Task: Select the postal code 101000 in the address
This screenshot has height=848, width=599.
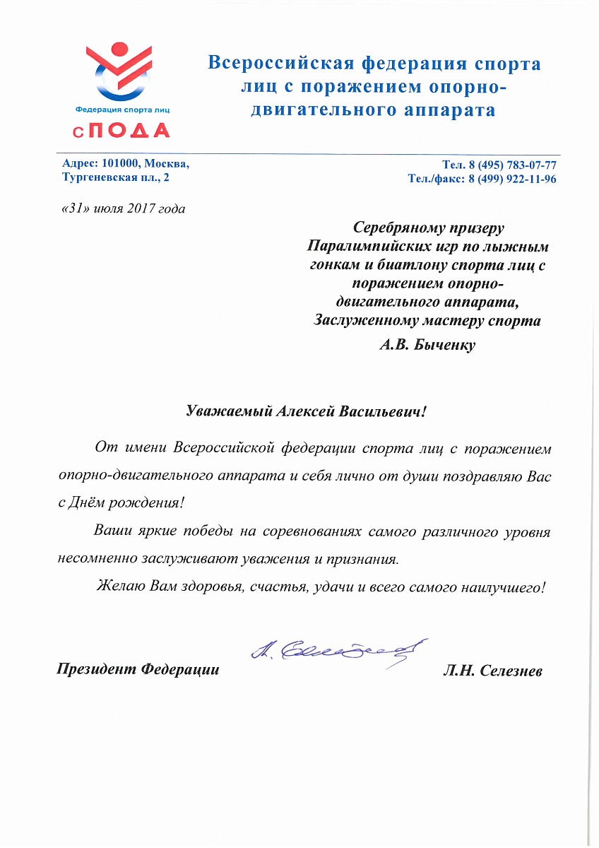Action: pos(121,164)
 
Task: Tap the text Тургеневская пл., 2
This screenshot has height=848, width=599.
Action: pos(116,177)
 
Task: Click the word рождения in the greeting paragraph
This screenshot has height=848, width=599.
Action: pos(151,503)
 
